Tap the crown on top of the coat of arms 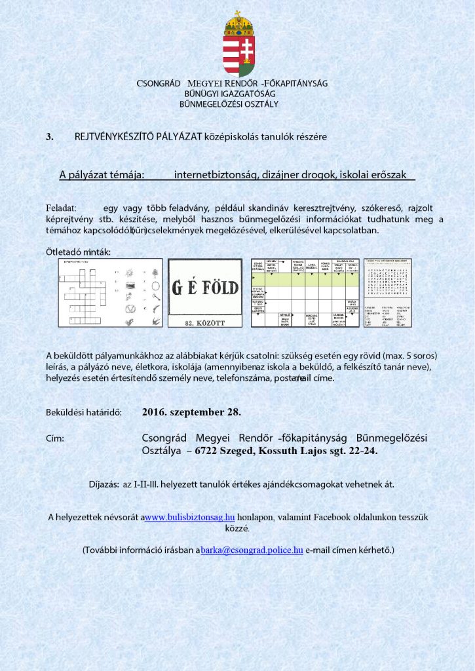click(x=238, y=23)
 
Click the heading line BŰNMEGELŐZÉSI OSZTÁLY click(x=233, y=104)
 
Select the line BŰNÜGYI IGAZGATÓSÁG click(x=232, y=94)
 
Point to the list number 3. click(x=49, y=136)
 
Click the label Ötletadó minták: click(x=79, y=252)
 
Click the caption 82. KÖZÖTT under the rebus click(x=206, y=322)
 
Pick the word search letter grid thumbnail click(x=388, y=292)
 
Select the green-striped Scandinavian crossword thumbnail click(x=305, y=292)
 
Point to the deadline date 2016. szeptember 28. click(x=191, y=412)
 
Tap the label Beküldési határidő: click(x=83, y=413)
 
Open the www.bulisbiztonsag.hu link click(x=189, y=517)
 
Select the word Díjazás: click(x=104, y=484)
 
